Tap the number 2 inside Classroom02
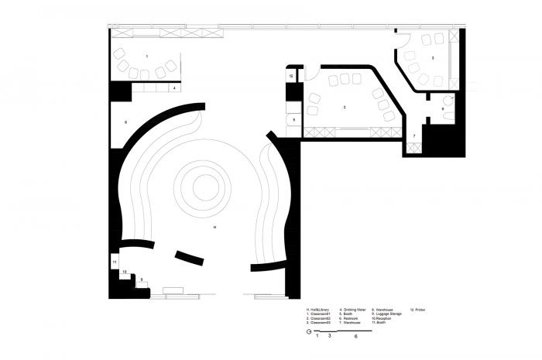coord(344,105)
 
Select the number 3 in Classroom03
coord(432,59)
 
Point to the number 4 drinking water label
coord(175,89)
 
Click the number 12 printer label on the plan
coord(291,76)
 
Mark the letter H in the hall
coord(214,228)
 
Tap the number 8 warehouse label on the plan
coord(125,123)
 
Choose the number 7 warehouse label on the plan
coord(414,135)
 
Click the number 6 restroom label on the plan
coord(443,109)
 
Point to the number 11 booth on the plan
coord(115,263)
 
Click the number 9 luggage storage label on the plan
coord(141,279)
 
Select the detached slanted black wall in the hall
coord(190,257)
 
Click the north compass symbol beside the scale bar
coord(309,331)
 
